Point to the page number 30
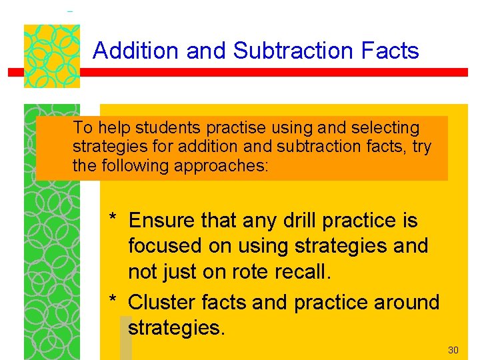coord(453,350)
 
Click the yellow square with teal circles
coord(52,56)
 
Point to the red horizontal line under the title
coord(267,73)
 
